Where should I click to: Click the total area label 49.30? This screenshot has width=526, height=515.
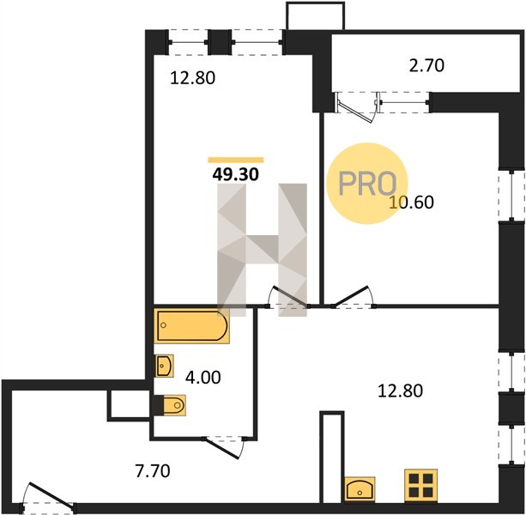[x=235, y=174]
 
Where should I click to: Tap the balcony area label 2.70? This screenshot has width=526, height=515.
[x=426, y=66]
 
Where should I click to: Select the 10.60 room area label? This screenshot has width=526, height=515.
[x=412, y=203]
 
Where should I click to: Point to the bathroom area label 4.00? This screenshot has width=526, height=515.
[x=203, y=378]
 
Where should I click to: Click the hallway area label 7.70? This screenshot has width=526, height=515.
[x=153, y=471]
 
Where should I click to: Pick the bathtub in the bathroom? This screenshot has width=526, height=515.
[x=192, y=326]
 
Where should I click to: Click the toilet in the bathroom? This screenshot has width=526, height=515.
[x=170, y=406]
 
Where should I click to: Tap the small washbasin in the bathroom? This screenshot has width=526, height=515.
[x=164, y=366]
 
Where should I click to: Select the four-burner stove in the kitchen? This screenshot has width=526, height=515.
[x=421, y=486]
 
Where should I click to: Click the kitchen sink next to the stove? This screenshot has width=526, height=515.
[x=360, y=489]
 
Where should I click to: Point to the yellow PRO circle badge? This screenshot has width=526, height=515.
[x=367, y=184]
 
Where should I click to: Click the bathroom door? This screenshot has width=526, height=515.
[x=224, y=447]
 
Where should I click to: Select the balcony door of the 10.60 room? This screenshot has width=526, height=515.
[x=357, y=107]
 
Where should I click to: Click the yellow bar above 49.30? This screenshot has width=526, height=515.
[x=236, y=160]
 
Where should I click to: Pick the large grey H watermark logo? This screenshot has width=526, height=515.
[x=262, y=250]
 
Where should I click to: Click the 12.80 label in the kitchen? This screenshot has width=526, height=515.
[x=400, y=391]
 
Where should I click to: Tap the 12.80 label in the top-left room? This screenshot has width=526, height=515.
[x=192, y=78]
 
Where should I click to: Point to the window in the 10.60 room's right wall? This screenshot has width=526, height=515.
[x=511, y=196]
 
